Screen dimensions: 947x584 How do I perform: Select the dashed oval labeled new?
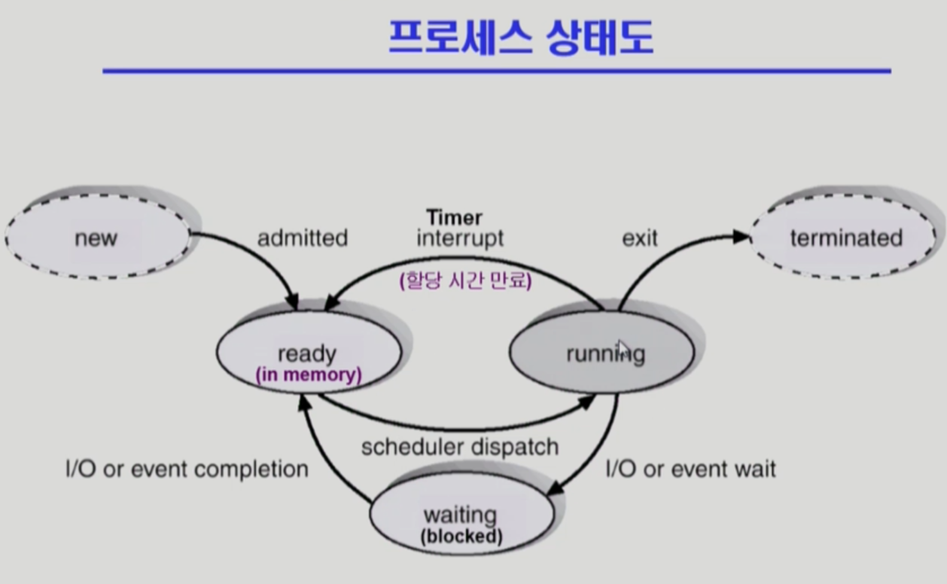[x=96, y=238]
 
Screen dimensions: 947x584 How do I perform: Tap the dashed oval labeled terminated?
[x=845, y=238]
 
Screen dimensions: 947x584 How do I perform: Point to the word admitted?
[x=303, y=238]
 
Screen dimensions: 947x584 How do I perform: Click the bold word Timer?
[x=454, y=218]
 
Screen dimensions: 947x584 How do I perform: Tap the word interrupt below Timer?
[x=459, y=238]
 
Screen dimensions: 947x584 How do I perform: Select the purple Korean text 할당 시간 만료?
[x=465, y=281]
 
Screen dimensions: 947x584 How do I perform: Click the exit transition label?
[x=640, y=238]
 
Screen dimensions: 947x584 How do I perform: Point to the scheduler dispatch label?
[x=460, y=446]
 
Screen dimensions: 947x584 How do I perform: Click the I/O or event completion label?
[x=187, y=469]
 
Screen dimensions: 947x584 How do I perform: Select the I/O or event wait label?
[x=690, y=469]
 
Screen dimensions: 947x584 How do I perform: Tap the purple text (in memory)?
[x=309, y=374]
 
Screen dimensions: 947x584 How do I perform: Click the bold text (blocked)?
[x=461, y=537]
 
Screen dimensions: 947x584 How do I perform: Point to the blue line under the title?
[x=497, y=72]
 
